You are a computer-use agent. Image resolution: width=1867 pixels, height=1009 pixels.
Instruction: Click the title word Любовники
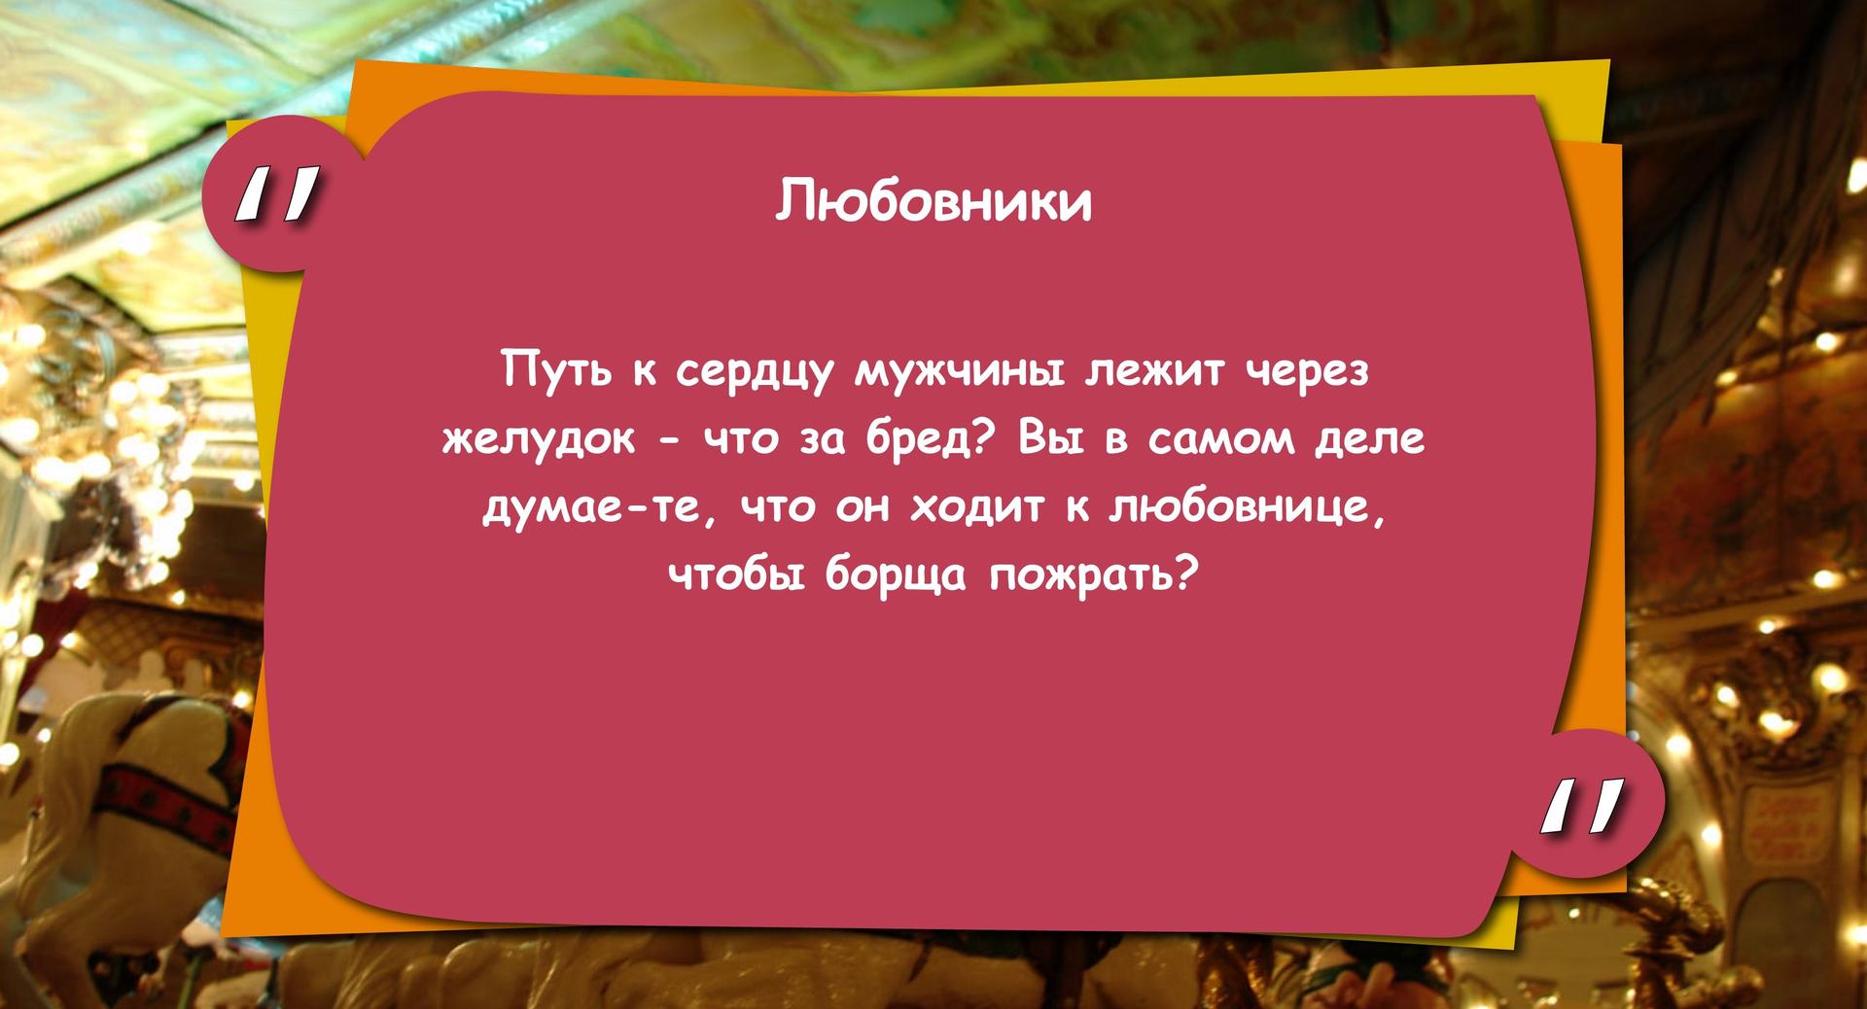(x=933, y=201)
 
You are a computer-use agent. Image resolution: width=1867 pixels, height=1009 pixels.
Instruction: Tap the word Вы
(x=1047, y=439)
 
